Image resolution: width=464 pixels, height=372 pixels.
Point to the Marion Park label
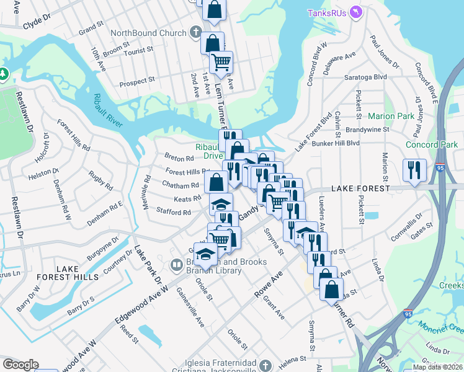click(391, 116)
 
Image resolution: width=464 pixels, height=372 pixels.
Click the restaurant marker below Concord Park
click(414, 169)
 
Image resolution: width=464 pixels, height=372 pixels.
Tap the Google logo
click(20, 365)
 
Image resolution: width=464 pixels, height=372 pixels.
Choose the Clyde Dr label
click(36, 25)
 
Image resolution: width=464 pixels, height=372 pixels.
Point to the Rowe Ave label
click(269, 285)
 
